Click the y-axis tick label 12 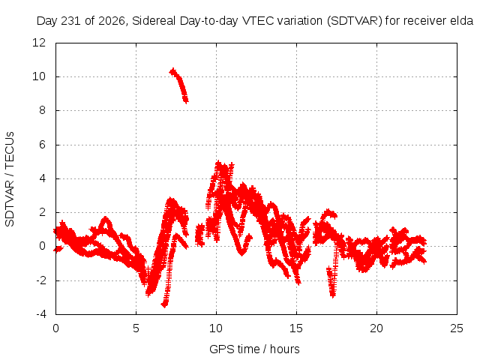(39, 43)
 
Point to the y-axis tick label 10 (39, 76)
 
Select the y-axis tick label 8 (42, 110)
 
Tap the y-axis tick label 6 (42, 145)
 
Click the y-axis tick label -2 (40, 280)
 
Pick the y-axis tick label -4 (40, 314)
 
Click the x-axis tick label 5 (136, 328)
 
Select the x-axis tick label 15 (296, 328)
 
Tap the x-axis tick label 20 (376, 328)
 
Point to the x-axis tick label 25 (457, 328)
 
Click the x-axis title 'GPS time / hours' (254, 349)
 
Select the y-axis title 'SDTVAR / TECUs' (10, 179)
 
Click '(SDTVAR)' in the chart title (355, 21)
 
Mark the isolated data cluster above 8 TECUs (180, 85)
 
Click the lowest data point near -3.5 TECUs (164, 305)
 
